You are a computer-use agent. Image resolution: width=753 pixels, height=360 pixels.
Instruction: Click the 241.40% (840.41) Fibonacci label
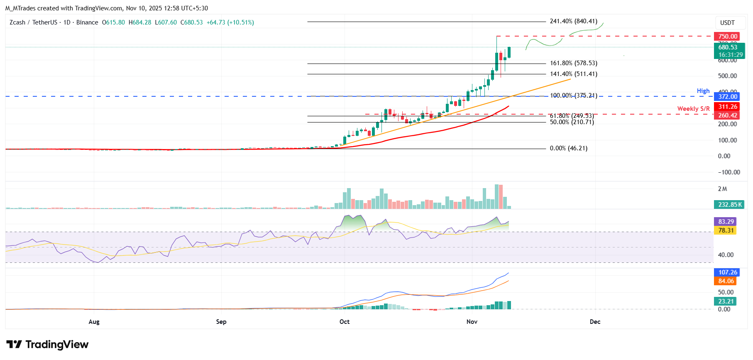(573, 21)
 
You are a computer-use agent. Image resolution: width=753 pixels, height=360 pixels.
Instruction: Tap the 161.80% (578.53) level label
(573, 63)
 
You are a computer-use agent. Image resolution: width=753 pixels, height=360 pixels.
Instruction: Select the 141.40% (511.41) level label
(573, 74)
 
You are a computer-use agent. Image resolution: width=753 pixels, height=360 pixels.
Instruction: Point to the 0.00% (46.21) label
(568, 148)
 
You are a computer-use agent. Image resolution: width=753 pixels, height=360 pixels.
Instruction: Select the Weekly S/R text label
(693, 109)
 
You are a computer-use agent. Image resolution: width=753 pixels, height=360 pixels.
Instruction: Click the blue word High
(703, 91)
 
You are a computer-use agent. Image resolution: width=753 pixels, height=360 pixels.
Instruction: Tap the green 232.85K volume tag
(730, 205)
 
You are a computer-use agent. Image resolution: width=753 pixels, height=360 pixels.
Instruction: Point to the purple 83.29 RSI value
(726, 222)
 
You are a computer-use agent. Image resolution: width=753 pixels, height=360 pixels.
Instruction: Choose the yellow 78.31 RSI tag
(726, 230)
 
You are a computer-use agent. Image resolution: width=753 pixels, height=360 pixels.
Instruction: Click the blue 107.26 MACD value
(728, 272)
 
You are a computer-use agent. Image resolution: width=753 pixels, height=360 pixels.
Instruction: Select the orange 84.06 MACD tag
(726, 281)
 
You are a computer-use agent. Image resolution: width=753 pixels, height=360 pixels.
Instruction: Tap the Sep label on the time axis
(221, 322)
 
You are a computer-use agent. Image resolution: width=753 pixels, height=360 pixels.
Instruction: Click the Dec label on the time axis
(595, 322)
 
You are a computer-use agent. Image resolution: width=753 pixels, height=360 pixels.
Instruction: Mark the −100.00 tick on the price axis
(729, 172)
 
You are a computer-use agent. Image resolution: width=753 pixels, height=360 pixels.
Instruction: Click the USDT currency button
(727, 23)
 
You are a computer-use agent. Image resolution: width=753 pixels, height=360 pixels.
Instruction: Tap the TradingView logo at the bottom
(47, 345)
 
